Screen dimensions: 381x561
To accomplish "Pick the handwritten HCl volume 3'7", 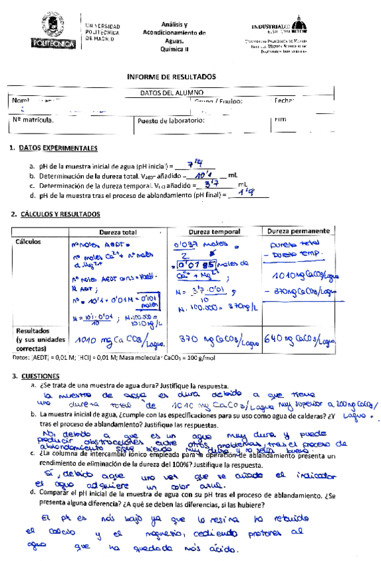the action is tap(211, 185).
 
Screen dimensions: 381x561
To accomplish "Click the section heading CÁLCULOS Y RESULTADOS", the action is tap(60, 214).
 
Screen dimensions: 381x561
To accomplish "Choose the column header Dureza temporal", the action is tap(211, 232).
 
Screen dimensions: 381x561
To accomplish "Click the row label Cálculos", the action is tap(29, 241).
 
